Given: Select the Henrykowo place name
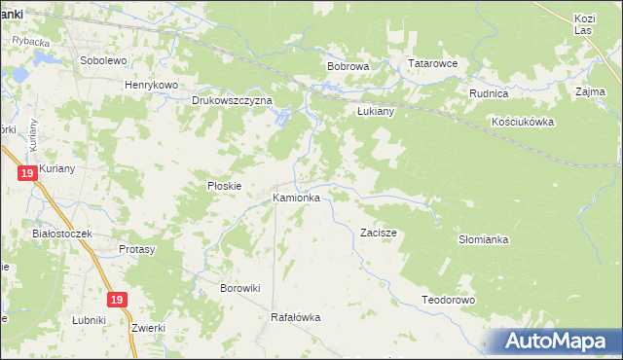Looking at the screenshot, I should click(151, 85).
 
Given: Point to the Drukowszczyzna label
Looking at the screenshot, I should click(232, 100).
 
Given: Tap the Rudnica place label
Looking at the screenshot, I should click(489, 93).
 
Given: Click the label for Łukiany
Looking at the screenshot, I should click(375, 111).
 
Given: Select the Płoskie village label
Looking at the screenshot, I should click(224, 185).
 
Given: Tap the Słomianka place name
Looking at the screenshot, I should click(484, 238).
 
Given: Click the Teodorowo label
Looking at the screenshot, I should click(447, 300).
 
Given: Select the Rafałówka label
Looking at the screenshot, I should click(295, 317).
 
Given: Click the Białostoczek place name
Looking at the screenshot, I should click(61, 234).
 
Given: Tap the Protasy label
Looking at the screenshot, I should click(137, 249).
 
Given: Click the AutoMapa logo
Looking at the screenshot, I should click(558, 342).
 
